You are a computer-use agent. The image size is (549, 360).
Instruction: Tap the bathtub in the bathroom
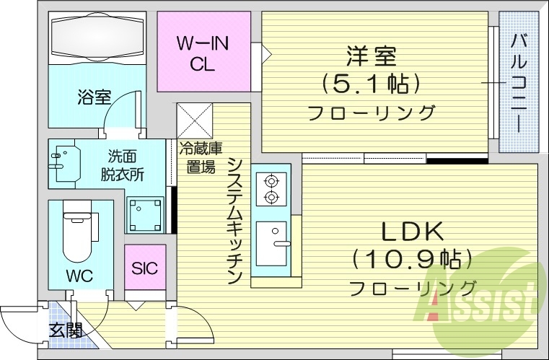(97, 37)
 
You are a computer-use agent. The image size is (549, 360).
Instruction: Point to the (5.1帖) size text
(372, 84)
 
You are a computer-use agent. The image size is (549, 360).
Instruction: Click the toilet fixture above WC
(77, 231)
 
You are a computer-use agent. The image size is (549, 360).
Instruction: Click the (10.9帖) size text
(412, 259)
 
